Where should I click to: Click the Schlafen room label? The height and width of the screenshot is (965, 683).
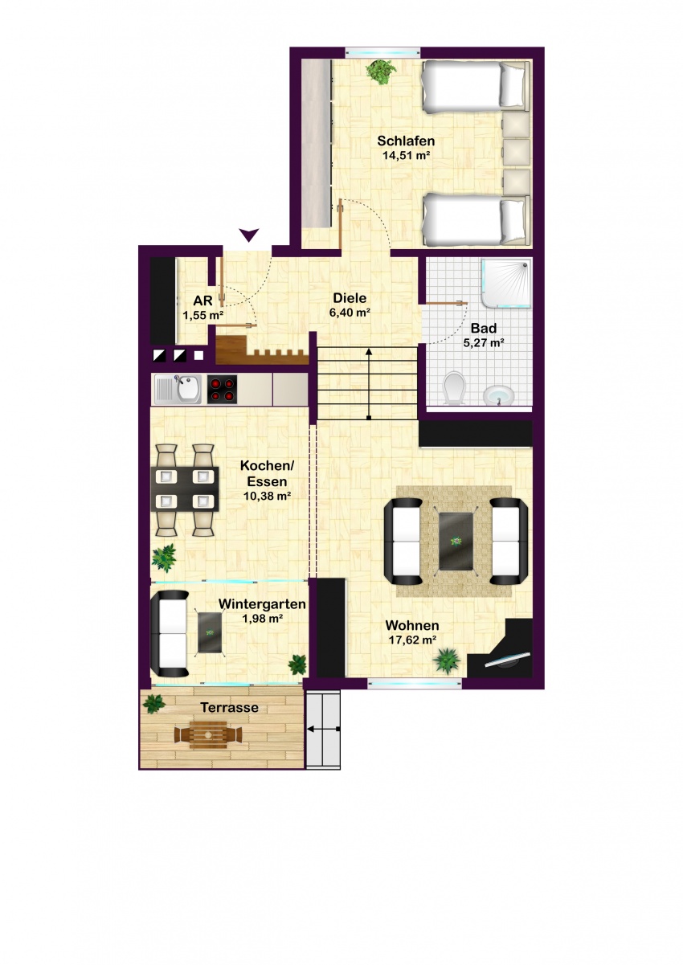coord(406,141)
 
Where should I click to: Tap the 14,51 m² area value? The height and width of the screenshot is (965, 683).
coord(407,155)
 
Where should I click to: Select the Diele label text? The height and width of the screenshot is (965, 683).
coord(350,297)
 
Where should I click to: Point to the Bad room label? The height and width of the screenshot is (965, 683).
coord(484,329)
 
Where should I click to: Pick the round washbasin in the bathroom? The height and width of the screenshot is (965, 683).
coord(498,395)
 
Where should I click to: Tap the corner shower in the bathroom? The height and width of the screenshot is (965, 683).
coord(507,283)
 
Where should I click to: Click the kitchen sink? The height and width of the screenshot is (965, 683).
coord(178,389)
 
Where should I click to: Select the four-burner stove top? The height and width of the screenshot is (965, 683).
coord(223,390)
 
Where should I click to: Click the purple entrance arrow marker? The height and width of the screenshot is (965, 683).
coord(250,235)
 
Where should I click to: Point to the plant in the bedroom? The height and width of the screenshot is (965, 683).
coord(380,72)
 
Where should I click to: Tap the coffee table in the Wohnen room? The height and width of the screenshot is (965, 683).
coord(456,541)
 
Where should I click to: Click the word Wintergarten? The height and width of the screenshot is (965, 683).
coord(262,603)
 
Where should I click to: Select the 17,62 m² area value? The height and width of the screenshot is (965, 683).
coord(413,640)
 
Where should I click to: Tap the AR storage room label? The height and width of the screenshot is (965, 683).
coord(203,301)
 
